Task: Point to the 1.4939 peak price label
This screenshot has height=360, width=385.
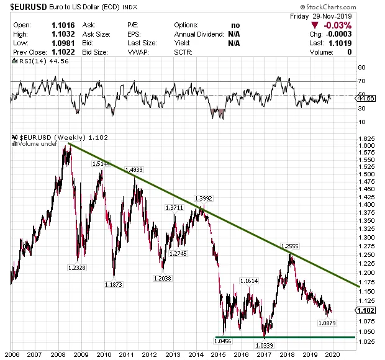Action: point(135,169)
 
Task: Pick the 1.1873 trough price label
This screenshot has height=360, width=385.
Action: point(114,284)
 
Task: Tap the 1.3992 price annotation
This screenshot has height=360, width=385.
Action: point(204,199)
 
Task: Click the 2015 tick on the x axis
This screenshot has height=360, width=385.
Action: point(217,355)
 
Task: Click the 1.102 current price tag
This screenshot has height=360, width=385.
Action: point(368,310)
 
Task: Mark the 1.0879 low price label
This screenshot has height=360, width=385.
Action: point(327,323)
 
